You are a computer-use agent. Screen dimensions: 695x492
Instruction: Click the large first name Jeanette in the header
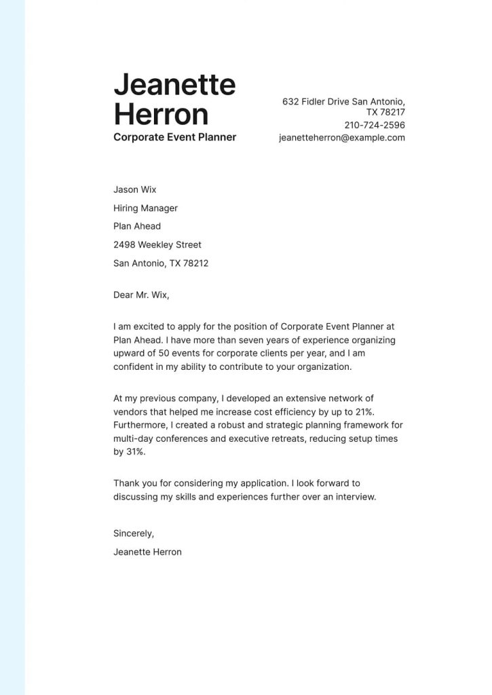[x=174, y=86]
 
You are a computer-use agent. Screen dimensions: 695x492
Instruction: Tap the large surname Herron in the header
[x=161, y=114]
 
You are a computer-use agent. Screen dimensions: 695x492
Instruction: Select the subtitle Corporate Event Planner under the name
[x=174, y=137]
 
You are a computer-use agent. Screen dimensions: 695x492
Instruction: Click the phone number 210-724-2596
[x=375, y=125]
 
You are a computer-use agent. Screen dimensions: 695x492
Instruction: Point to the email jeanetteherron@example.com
[x=342, y=137]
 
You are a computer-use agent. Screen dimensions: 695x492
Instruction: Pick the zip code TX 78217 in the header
[x=385, y=112]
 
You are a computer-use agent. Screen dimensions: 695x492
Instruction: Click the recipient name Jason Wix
[x=134, y=189]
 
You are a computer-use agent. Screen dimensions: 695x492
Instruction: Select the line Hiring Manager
[x=145, y=208]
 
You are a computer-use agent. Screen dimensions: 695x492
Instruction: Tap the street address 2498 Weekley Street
[x=157, y=244]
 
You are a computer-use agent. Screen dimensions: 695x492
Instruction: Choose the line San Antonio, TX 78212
[x=161, y=263]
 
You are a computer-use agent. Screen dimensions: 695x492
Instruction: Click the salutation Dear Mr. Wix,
[x=141, y=295]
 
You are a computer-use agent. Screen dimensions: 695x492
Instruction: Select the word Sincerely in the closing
[x=134, y=533]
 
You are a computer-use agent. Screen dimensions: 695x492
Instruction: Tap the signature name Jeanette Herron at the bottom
[x=147, y=552]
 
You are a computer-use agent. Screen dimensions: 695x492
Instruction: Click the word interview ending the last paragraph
[x=354, y=496]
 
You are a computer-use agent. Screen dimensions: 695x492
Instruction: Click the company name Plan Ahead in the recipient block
[x=137, y=226]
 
